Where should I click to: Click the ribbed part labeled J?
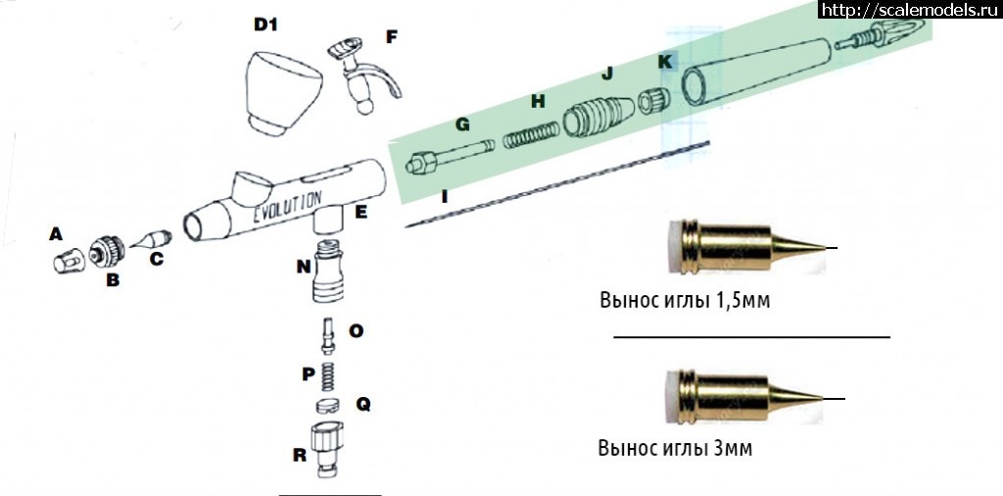point(597,113)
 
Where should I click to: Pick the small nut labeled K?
point(653,100)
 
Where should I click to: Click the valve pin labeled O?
point(326,336)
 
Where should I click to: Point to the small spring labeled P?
point(327,374)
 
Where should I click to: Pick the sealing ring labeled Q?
point(328,406)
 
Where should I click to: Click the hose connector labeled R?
point(324,446)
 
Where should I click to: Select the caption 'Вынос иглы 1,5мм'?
point(684,299)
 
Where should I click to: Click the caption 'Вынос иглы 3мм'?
point(676,449)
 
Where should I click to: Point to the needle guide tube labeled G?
point(446,155)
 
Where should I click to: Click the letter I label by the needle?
point(446,197)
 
